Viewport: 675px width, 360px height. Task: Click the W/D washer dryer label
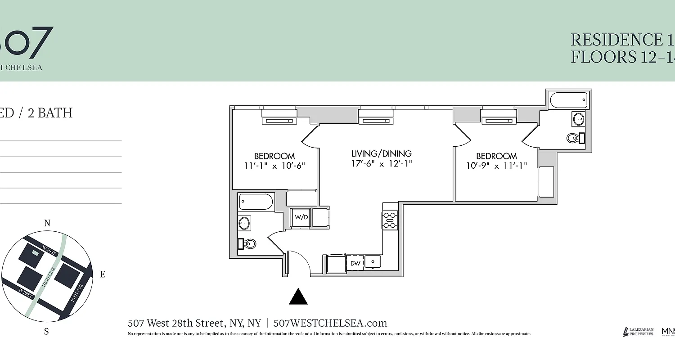pos(301,217)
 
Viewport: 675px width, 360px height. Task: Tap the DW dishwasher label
pos(355,263)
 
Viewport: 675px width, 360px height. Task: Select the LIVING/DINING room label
pos(382,154)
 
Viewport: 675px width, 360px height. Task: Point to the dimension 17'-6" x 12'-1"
pos(382,164)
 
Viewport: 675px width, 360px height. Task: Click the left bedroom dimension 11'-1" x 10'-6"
pos(274,166)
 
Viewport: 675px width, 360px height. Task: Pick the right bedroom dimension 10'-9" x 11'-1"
pos(496,166)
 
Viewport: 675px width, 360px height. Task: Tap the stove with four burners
pos(389,220)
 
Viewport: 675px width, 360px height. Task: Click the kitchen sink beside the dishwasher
pos(373,261)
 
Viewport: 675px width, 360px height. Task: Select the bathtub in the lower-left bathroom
pos(256,202)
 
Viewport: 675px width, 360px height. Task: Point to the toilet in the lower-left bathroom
pos(248,244)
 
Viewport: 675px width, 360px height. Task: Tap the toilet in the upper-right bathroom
pos(575,138)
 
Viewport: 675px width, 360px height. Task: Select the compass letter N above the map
pos(47,223)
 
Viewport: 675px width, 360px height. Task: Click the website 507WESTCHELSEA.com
pos(330,323)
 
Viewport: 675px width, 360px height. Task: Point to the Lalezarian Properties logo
pos(638,332)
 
